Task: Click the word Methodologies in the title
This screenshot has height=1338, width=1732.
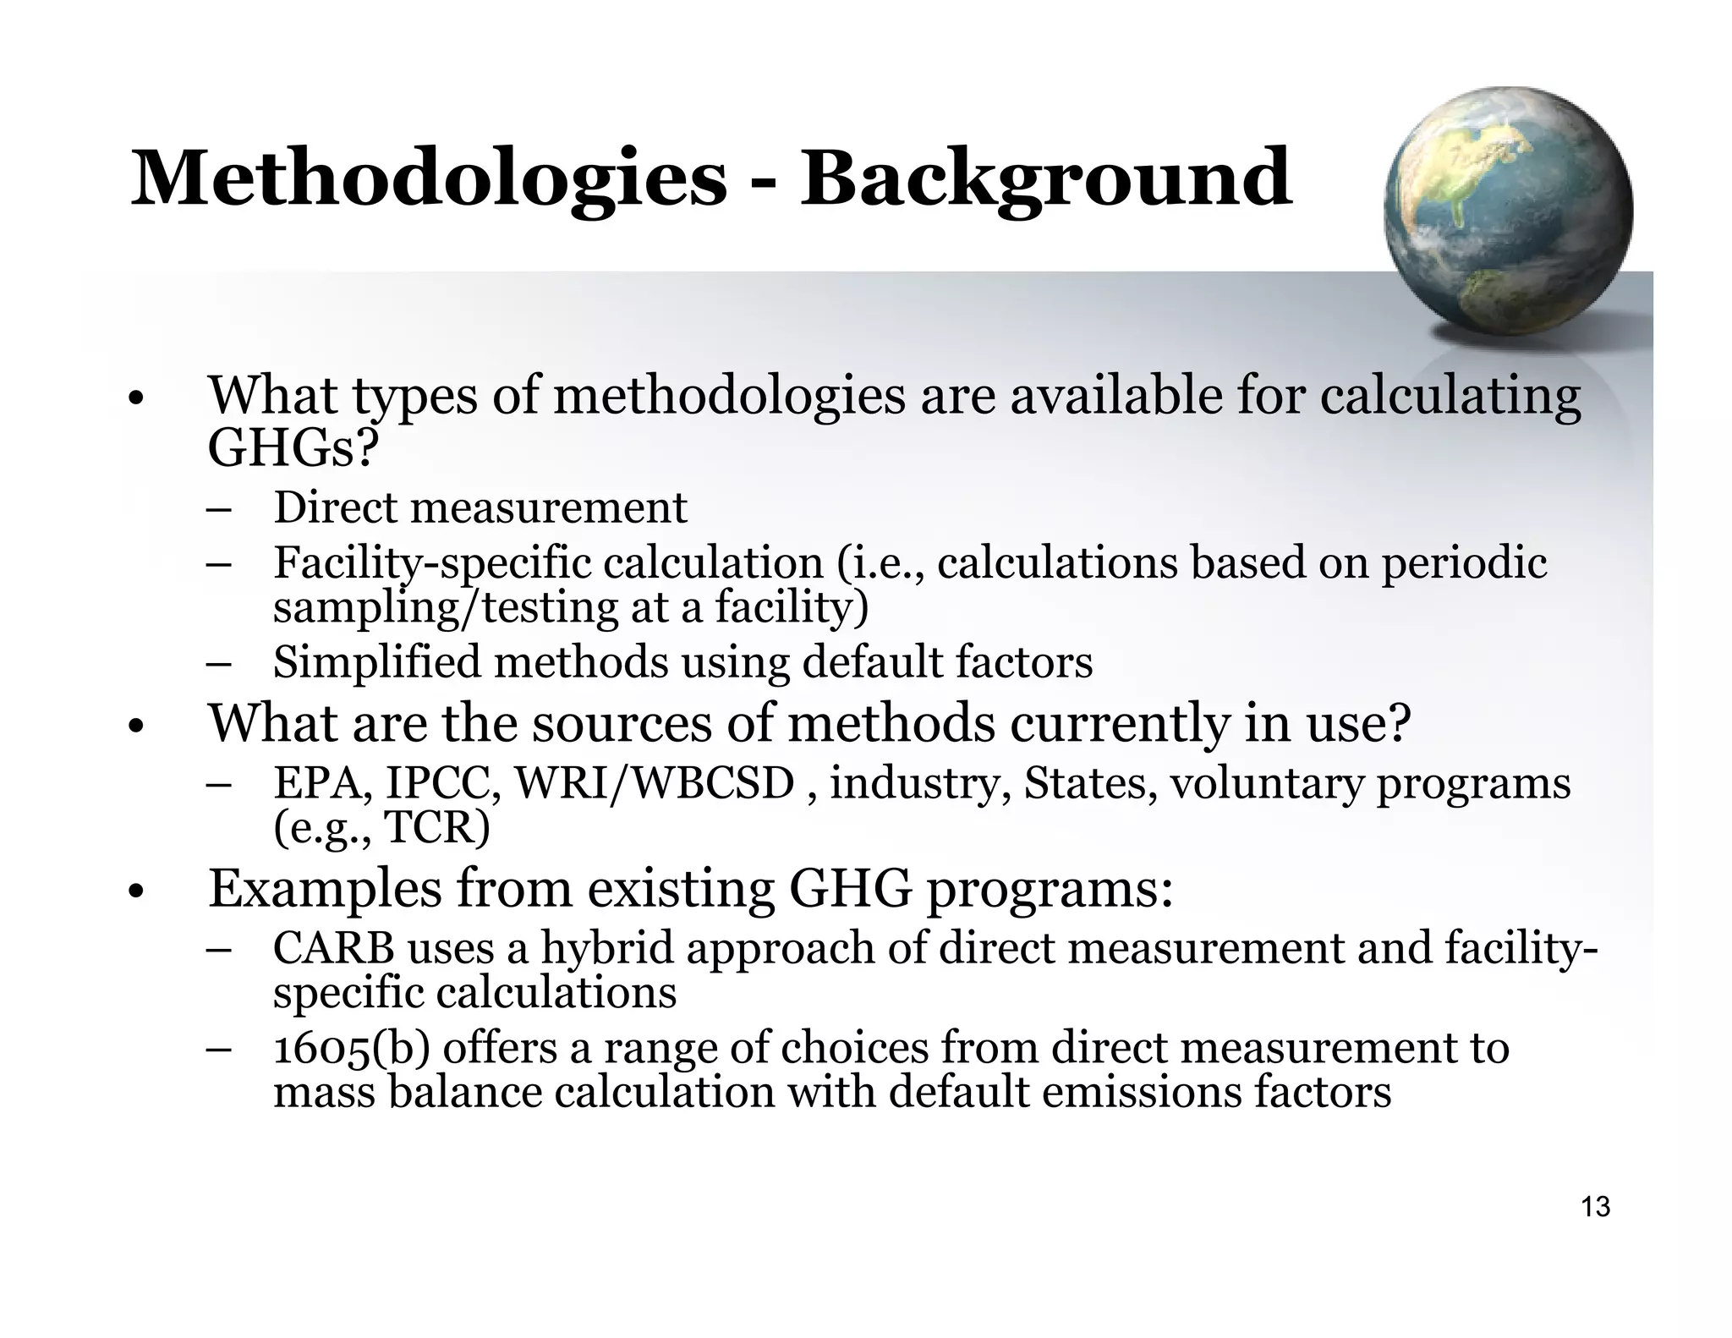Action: [x=428, y=178]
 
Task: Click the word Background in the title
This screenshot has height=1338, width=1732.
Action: [x=1045, y=180]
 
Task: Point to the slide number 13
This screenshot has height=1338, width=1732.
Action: [x=1595, y=1207]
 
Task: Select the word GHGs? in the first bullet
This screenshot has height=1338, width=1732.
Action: [x=292, y=447]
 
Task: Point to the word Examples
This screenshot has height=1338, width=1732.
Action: [x=325, y=890]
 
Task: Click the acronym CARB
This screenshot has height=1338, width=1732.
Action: [x=333, y=948]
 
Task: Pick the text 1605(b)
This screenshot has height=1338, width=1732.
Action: [x=352, y=1049]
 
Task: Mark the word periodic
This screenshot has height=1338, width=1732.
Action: [x=1464, y=563]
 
